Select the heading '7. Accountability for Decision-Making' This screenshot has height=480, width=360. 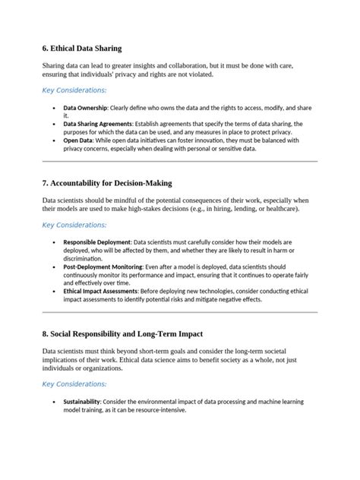107,183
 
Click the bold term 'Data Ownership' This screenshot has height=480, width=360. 84,109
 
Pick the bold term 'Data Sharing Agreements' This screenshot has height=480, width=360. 97,123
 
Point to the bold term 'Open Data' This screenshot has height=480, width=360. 77,141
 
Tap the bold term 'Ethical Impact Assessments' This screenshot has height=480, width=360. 100,291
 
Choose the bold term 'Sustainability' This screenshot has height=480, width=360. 84,401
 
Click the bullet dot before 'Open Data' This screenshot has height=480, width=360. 53,141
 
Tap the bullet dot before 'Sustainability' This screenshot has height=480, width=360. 53,401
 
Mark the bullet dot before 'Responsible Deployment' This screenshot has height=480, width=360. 53,243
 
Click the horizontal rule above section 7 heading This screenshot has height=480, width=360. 179,162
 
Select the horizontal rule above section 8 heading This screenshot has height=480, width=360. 179,312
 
